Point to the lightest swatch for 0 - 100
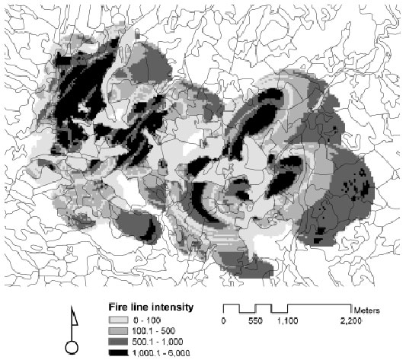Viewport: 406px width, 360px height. click(x=117, y=320)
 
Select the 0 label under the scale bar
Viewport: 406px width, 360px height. click(x=224, y=322)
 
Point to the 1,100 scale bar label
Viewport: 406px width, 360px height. click(x=287, y=322)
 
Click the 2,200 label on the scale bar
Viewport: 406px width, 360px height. click(x=350, y=322)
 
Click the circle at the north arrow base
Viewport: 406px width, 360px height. click(x=74, y=348)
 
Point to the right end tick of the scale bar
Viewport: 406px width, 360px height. click(x=350, y=308)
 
